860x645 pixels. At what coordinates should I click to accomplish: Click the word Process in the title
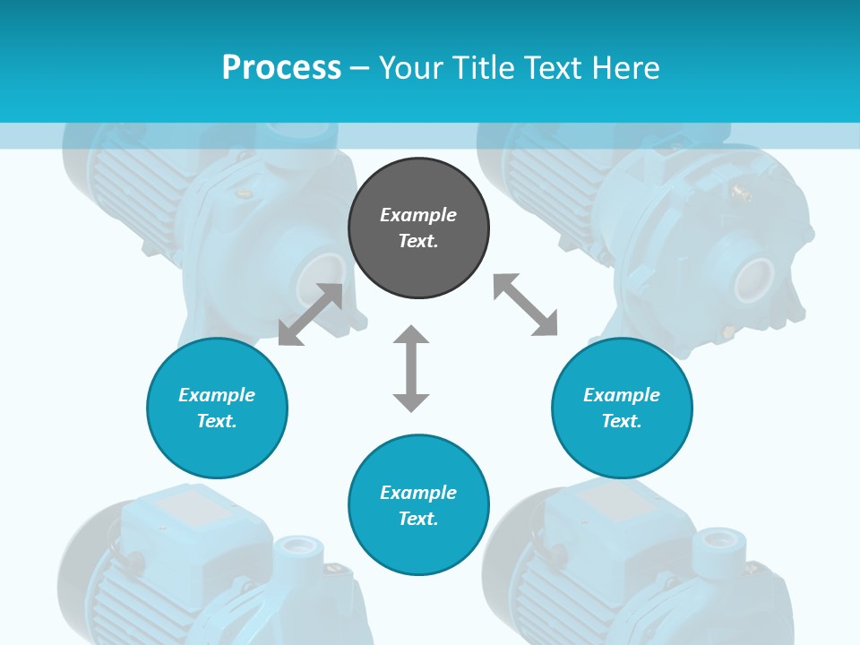[x=281, y=68]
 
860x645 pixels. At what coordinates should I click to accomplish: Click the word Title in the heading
[x=483, y=68]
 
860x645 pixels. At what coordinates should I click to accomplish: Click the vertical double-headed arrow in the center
[x=411, y=368]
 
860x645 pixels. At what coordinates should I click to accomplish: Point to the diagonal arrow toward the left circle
[x=310, y=314]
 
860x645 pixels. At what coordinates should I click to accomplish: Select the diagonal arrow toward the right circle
[x=525, y=305]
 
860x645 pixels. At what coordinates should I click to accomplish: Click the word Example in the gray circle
[x=418, y=215]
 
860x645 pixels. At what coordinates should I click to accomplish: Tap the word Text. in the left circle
[x=217, y=421]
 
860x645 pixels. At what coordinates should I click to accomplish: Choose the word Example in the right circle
[x=622, y=395]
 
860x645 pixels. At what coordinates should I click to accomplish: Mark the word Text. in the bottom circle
[x=418, y=519]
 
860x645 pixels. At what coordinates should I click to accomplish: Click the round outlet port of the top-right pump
[x=754, y=279]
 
